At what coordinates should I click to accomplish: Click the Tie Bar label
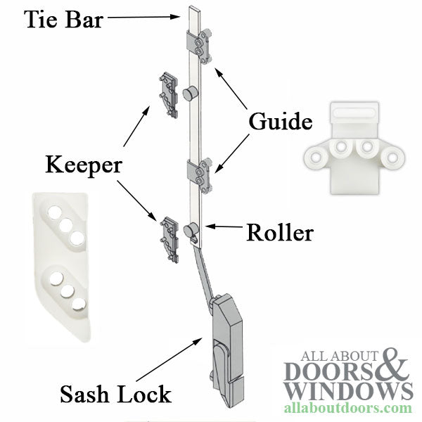[x=64, y=19]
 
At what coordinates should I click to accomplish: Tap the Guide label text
[x=279, y=121]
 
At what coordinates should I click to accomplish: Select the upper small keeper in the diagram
[x=167, y=90]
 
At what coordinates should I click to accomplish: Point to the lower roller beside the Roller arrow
[x=190, y=229]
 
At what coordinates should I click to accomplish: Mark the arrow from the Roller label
[x=223, y=227]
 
